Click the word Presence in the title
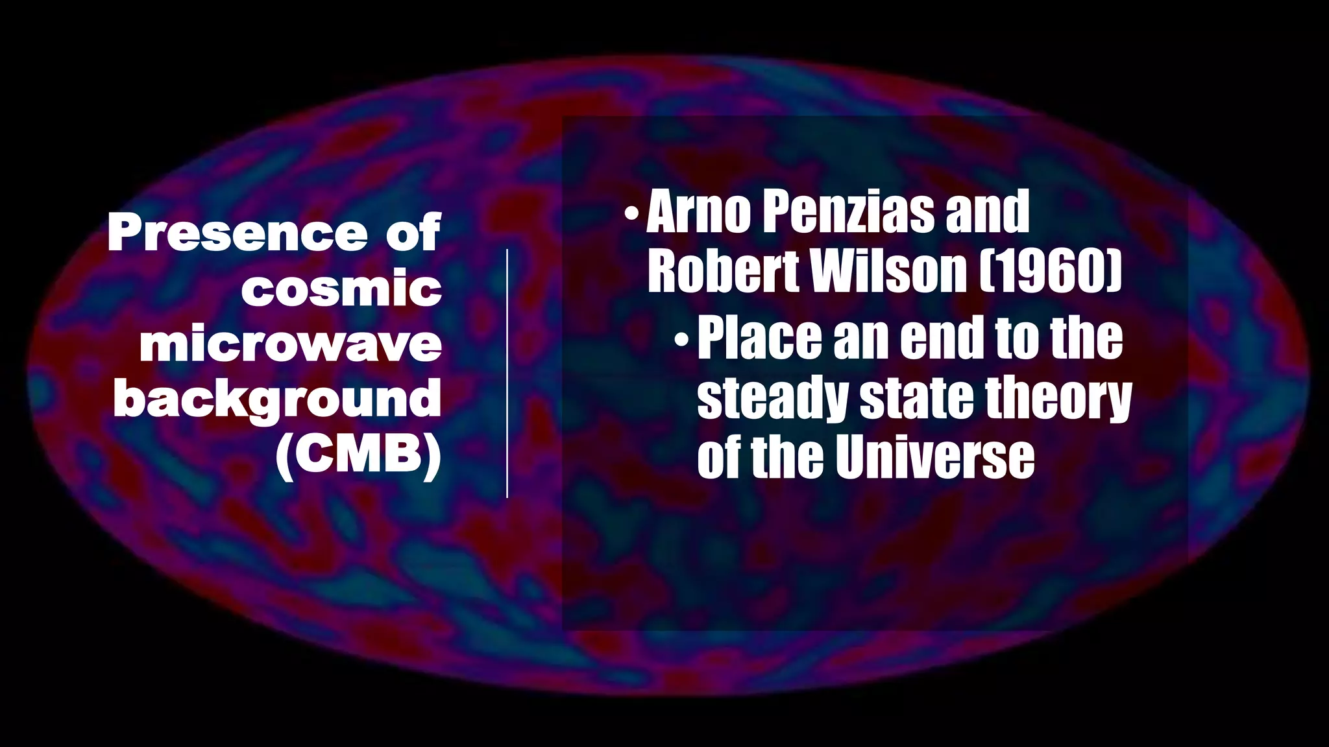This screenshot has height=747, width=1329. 238,233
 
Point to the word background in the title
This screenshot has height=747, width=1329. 277,399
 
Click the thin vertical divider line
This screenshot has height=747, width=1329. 507,373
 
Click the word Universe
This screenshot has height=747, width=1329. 934,457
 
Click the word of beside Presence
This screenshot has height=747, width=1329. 413,233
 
